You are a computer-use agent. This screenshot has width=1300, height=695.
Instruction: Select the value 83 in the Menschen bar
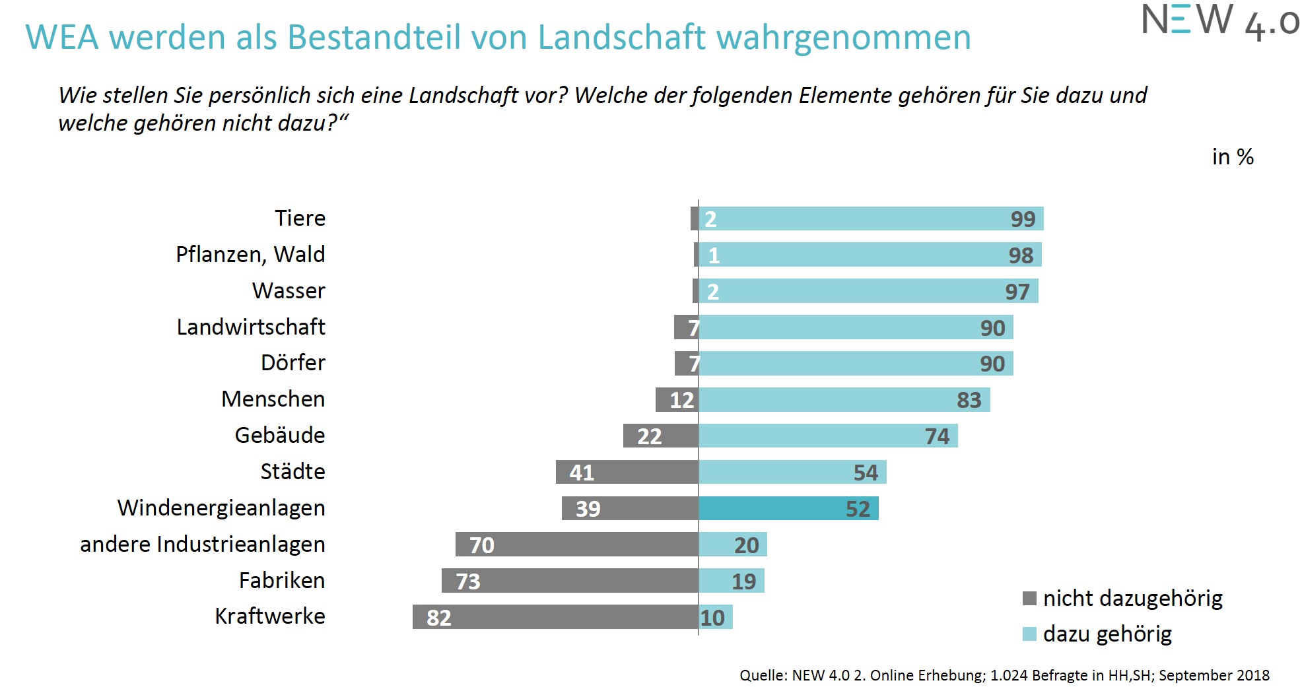click(969, 400)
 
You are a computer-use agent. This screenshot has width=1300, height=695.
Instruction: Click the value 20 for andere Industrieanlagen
click(746, 545)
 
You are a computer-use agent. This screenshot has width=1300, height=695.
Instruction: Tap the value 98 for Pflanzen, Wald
click(1021, 255)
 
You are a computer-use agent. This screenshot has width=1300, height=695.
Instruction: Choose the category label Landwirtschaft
click(251, 327)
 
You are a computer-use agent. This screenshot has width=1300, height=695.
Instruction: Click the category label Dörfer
click(293, 362)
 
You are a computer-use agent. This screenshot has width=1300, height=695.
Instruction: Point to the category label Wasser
click(289, 290)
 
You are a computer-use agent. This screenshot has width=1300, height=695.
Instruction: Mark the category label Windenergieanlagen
click(221, 508)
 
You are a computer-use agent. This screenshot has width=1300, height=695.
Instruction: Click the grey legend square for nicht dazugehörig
click(1029, 598)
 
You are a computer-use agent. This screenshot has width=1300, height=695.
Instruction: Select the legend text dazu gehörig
click(1107, 634)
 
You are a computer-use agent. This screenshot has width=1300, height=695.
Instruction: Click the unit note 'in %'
click(1232, 157)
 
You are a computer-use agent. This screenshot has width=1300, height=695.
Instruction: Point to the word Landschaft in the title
click(622, 37)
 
